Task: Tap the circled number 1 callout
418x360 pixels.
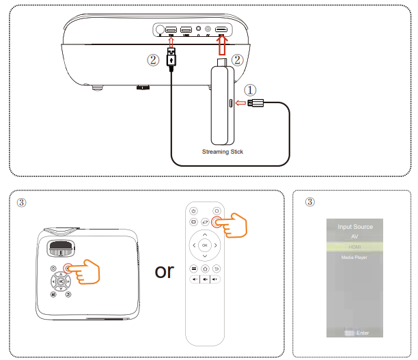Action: (251, 89)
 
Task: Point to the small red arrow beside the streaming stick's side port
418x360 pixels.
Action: (240, 103)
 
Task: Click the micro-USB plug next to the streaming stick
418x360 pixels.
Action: (257, 103)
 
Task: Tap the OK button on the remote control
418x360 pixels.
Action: (204, 244)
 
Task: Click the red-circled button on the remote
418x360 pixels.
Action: (217, 222)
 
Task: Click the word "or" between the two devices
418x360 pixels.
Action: (164, 271)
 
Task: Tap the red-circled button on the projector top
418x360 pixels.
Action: (68, 269)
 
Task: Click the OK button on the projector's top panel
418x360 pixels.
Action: (61, 281)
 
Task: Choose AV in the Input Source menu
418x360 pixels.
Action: (354, 236)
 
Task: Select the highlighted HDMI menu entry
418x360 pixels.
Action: (354, 247)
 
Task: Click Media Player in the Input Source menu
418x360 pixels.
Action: (354, 258)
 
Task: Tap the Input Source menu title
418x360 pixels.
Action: (355, 226)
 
